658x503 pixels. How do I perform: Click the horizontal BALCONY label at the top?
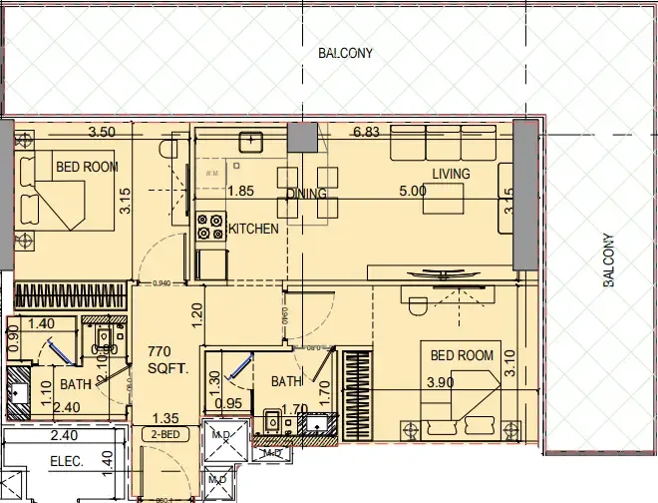pyautogui.click(x=345, y=53)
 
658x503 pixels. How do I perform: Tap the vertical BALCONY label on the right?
pyautogui.click(x=609, y=260)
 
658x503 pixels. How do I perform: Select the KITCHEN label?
pyautogui.click(x=254, y=229)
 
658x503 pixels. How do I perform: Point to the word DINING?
pyautogui.click(x=307, y=194)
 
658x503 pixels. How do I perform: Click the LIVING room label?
pyautogui.click(x=450, y=174)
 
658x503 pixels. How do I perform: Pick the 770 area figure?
pyautogui.click(x=162, y=351)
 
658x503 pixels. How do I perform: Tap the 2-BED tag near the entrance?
pyautogui.click(x=164, y=435)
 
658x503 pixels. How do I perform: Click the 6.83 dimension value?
pyautogui.click(x=367, y=132)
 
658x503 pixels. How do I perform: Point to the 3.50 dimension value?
pyautogui.click(x=102, y=132)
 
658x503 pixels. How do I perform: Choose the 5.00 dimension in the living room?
pyautogui.click(x=414, y=190)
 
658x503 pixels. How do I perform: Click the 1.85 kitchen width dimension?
pyautogui.click(x=240, y=191)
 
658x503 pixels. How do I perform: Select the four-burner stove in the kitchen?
pyautogui.click(x=210, y=229)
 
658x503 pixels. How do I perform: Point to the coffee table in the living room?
pyautogui.click(x=443, y=200)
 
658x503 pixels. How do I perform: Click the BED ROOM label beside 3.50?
pyautogui.click(x=87, y=167)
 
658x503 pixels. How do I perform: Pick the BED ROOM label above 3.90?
pyautogui.click(x=462, y=354)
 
